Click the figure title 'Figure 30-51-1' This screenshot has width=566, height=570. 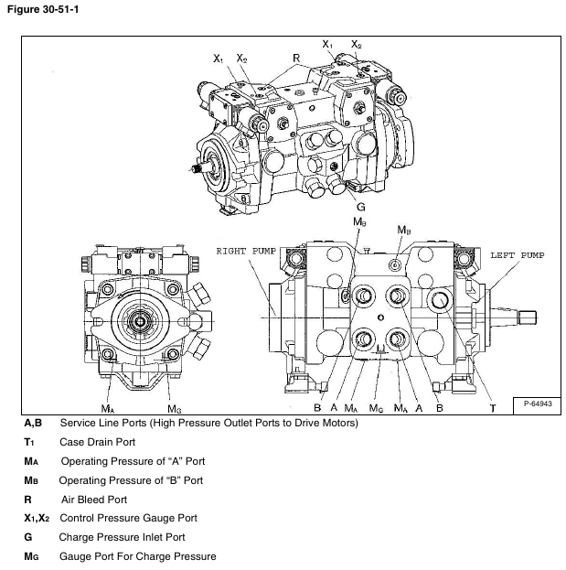coord(40,9)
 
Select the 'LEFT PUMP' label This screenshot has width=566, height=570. coord(517,254)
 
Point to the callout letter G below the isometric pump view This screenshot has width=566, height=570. coord(361,207)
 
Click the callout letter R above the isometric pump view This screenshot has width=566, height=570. coord(297,57)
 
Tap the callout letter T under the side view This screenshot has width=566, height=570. coord(492,407)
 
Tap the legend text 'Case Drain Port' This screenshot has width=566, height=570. coord(97,442)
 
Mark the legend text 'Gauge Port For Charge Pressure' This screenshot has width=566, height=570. coord(138,557)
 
